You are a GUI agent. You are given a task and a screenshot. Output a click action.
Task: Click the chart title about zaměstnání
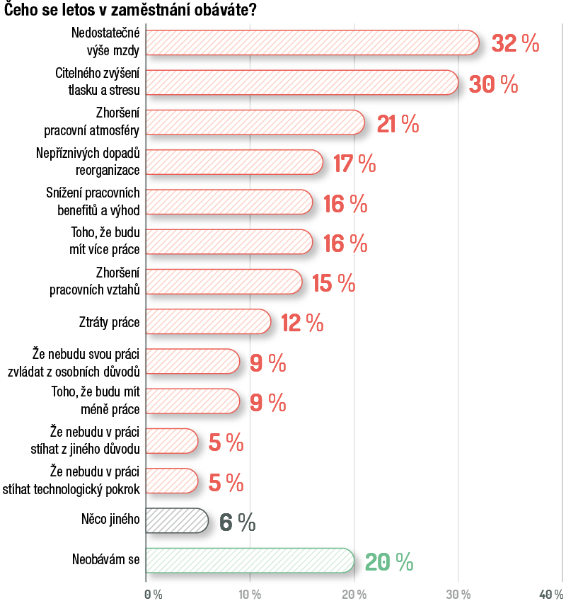tap(132, 11)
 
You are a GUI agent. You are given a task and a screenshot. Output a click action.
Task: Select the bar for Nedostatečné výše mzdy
tap(311, 42)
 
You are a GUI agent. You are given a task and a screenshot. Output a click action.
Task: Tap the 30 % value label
tap(493, 84)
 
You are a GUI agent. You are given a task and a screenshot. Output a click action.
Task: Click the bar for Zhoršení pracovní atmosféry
tap(255, 122)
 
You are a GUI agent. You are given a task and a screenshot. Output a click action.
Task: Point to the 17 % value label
tap(354, 164)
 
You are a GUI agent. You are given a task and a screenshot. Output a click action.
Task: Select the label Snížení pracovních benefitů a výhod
tap(99, 202)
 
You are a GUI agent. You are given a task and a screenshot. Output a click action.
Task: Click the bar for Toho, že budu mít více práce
tap(228, 241)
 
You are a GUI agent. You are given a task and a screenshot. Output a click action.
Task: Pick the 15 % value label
tap(333, 283)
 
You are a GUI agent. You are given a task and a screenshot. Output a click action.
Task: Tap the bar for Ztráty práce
tap(207, 322)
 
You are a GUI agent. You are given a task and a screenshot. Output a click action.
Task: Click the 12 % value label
tap(302, 324)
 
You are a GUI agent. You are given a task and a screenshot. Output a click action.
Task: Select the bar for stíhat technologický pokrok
tap(171, 481)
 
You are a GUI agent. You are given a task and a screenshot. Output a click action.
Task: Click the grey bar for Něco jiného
tap(176, 521)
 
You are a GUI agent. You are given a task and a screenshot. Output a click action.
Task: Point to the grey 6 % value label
tap(237, 522)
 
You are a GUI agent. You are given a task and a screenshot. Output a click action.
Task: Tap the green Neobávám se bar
tap(249, 560)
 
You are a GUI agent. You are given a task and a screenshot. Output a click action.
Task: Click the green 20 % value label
tap(388, 562)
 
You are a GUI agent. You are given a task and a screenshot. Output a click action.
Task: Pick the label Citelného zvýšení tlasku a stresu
tap(98, 82)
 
